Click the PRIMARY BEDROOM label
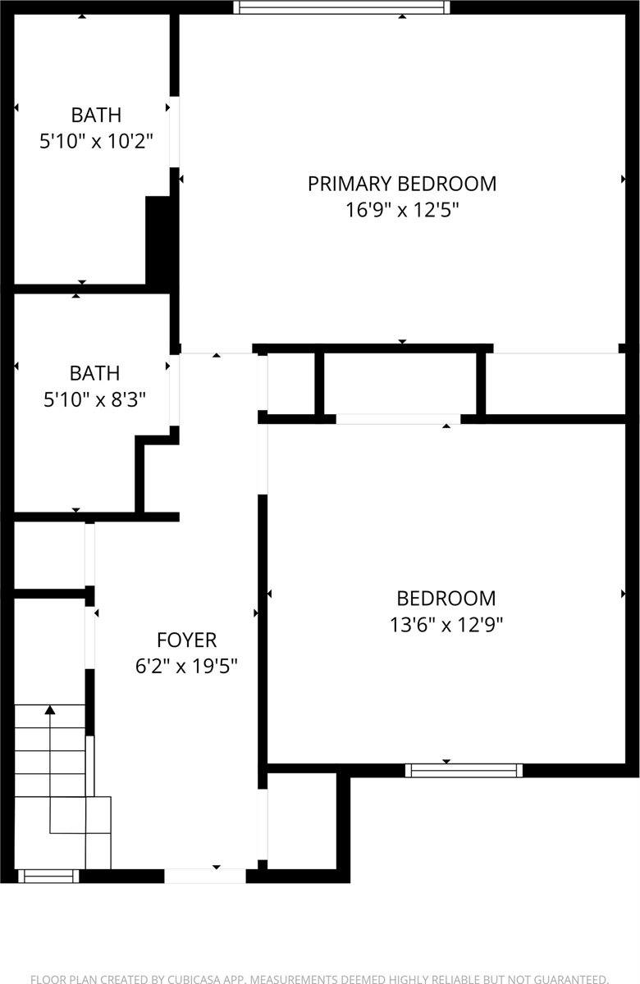pyautogui.click(x=401, y=184)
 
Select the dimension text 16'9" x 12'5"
pyautogui.click(x=401, y=210)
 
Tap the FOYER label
pyautogui.click(x=186, y=640)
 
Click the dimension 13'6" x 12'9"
pyautogui.click(x=446, y=625)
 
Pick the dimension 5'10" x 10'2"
pyautogui.click(x=96, y=141)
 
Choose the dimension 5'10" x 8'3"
pyautogui.click(x=94, y=399)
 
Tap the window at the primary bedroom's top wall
pyautogui.click(x=341, y=7)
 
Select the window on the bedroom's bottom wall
pyautogui.click(x=464, y=770)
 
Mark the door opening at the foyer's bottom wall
pyautogui.click(x=205, y=876)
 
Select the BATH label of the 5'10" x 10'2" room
pyautogui.click(x=96, y=115)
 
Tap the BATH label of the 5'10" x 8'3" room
pyautogui.click(x=94, y=373)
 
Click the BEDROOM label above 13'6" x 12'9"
pyautogui.click(x=446, y=599)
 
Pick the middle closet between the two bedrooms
pyautogui.click(x=400, y=384)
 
